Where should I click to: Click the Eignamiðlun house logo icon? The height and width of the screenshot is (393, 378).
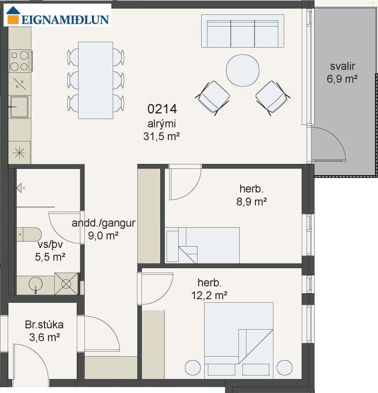click(13, 15)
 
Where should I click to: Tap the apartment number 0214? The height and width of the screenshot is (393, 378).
click(162, 109)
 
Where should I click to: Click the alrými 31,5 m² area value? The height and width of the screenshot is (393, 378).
click(161, 136)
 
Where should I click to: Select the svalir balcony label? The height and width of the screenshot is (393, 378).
click(342, 66)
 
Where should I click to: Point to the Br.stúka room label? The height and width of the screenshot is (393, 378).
click(44, 325)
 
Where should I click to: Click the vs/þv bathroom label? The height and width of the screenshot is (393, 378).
click(50, 245)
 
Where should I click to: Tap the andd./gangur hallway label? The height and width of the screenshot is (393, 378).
click(103, 223)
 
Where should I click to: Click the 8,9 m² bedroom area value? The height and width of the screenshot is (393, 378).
click(252, 201)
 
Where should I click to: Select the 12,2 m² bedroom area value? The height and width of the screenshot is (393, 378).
click(209, 295)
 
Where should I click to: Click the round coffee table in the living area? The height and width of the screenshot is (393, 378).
click(242, 70)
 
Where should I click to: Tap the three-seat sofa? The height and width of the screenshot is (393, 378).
click(242, 31)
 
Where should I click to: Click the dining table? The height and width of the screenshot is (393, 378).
click(96, 80)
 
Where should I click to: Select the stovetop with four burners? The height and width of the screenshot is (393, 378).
click(20, 61)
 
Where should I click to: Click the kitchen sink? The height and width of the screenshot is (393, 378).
click(19, 107)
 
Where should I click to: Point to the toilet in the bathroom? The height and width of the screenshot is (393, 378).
click(29, 234)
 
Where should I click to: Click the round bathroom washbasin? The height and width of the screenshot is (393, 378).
click(36, 285)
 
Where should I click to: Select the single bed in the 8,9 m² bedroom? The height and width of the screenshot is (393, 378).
click(203, 245)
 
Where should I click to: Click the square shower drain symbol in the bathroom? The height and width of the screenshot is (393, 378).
click(66, 284)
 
